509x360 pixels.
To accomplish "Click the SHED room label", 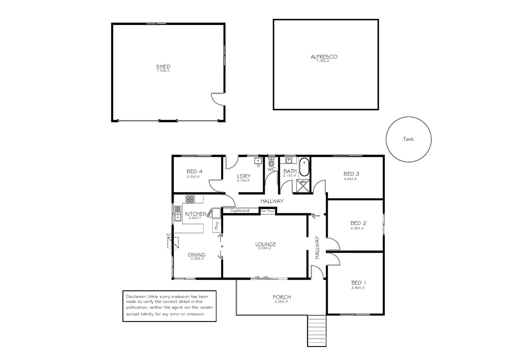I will click(x=163, y=67).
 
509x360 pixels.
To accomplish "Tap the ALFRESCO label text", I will click(x=324, y=57).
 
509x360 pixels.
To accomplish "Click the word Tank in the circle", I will click(x=408, y=139).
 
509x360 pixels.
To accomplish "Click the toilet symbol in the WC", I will click(x=271, y=163).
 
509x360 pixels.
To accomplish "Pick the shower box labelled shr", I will click(x=303, y=186).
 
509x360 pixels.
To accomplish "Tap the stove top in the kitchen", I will click(x=190, y=199).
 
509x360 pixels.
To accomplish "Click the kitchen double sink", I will click(x=177, y=214).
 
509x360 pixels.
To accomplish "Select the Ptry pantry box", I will click(x=217, y=225).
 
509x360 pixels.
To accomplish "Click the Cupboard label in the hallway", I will click(x=240, y=211).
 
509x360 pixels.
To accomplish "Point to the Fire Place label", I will click(x=267, y=211).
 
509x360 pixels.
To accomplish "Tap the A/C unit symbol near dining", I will click(x=173, y=242).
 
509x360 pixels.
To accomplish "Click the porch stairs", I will click(x=316, y=331).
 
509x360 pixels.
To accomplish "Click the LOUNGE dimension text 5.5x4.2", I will click(x=265, y=248).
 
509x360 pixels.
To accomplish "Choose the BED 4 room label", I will click(x=194, y=171).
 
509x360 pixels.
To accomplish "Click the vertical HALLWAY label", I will click(x=317, y=248).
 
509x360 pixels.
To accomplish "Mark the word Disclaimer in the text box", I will click(x=136, y=296).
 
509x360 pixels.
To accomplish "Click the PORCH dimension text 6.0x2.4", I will click(x=281, y=301).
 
